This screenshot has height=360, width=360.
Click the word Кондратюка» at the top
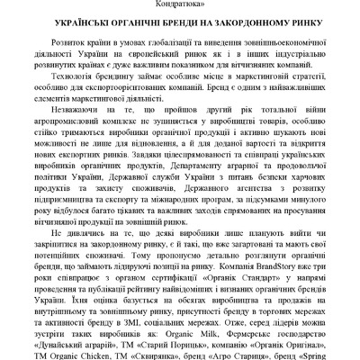pos(180,4)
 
